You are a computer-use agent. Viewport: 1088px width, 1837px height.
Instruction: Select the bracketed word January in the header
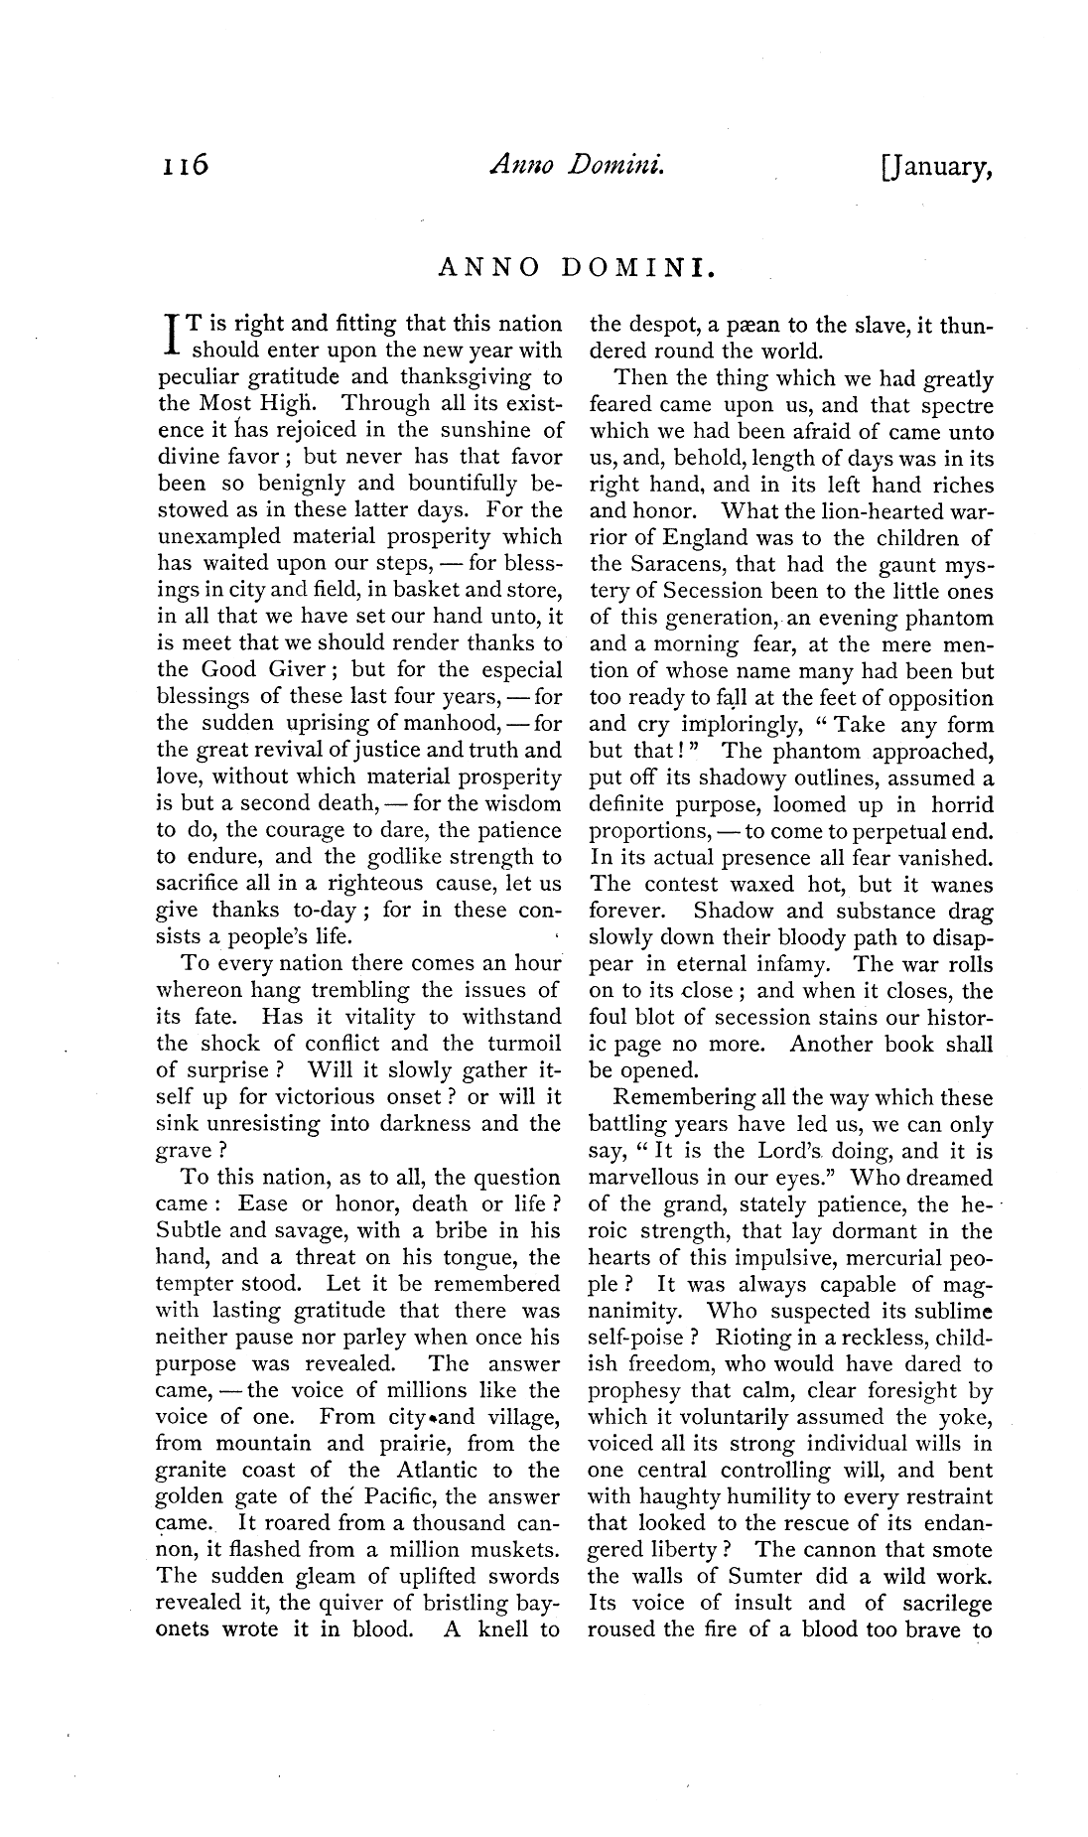pyautogui.click(x=937, y=168)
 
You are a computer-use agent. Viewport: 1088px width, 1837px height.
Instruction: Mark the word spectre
pyautogui.click(x=953, y=405)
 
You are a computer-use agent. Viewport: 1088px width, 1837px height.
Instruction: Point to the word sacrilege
pyautogui.click(x=943, y=1604)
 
